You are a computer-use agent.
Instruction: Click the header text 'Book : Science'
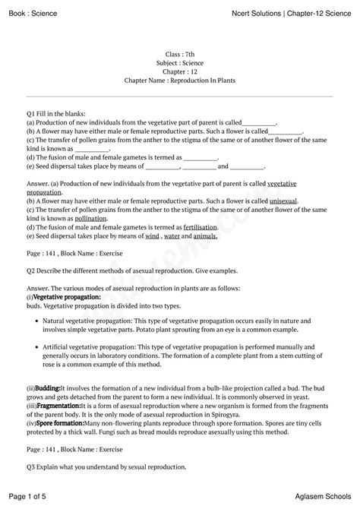(32, 13)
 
